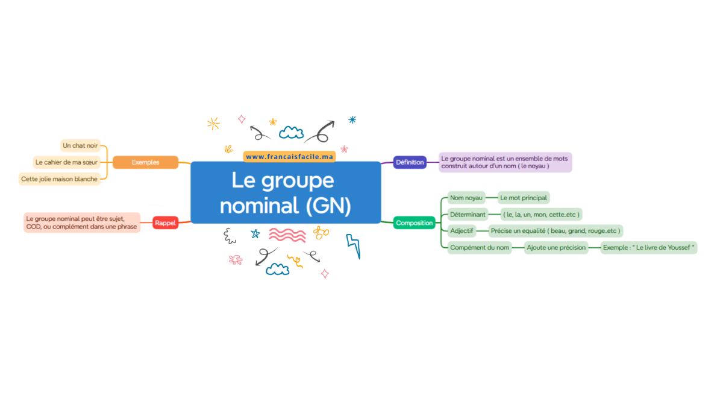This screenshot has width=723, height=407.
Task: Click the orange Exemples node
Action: point(145,162)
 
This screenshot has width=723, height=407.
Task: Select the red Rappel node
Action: point(165,223)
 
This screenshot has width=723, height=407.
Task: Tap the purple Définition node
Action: point(410,162)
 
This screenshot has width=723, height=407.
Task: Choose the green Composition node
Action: point(414,223)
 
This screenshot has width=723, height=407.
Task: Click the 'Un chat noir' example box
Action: point(80,145)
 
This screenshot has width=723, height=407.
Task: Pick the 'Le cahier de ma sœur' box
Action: point(66,162)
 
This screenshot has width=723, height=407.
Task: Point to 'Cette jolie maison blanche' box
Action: point(60,179)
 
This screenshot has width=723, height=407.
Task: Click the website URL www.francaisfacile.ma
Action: point(289,157)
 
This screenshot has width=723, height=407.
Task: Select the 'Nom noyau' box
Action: point(466,198)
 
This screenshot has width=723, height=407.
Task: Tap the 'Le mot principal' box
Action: point(524,198)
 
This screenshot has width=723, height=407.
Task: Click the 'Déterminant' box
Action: point(468,215)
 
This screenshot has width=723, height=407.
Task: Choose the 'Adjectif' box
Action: point(462,230)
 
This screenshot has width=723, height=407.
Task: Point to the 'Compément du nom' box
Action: point(480,247)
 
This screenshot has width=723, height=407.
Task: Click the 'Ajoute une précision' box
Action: point(556,247)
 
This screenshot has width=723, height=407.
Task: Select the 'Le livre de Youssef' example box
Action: point(649,247)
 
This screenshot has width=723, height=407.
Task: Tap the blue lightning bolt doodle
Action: point(354,246)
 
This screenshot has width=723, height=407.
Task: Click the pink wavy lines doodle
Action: point(287,235)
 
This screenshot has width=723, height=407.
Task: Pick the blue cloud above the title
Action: point(291,133)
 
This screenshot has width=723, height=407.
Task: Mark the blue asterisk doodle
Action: point(352,120)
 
